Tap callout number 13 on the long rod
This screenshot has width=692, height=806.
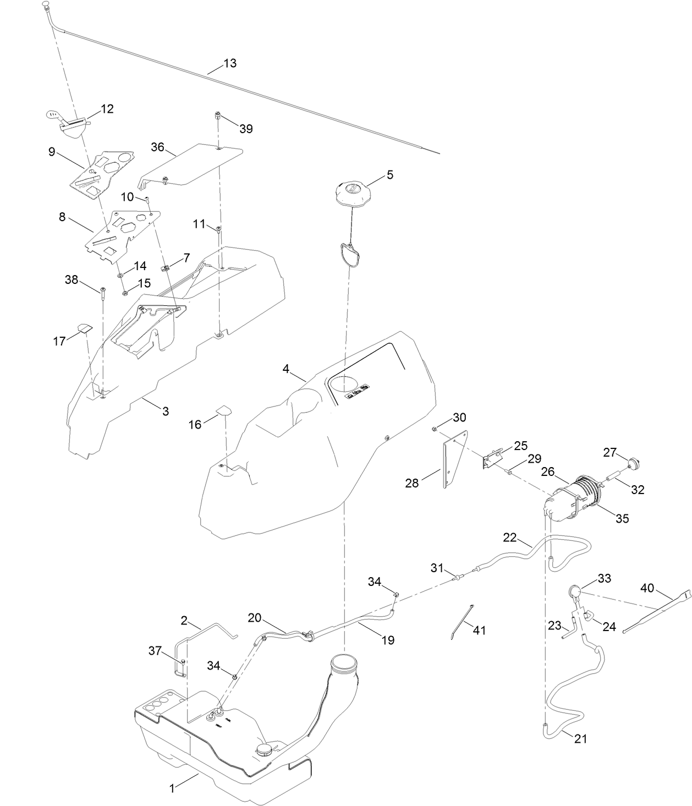tap(230, 63)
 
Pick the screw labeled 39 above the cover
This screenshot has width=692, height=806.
tap(217, 117)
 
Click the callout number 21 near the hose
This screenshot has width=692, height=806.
tap(580, 738)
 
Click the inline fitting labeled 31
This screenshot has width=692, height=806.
tap(456, 577)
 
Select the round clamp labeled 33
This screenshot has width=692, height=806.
tap(574, 592)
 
